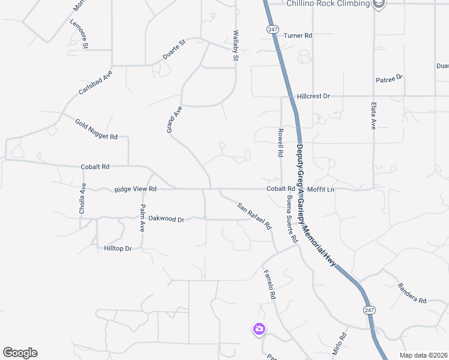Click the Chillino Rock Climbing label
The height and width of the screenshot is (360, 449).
[x=327, y=4]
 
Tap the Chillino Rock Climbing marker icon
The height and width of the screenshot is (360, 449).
[x=379, y=4]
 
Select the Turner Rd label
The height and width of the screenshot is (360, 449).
[x=298, y=36]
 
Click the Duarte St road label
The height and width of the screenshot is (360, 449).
[x=175, y=49]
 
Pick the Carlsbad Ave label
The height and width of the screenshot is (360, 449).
[x=95, y=83]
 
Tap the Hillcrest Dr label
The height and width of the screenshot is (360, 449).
[x=313, y=96]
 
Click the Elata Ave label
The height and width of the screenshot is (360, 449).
[x=373, y=116]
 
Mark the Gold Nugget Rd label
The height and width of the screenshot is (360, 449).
[x=96, y=130]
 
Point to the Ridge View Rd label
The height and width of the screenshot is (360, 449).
[x=135, y=189]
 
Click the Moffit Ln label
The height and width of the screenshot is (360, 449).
[x=321, y=190]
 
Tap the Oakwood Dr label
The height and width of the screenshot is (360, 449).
[x=166, y=219]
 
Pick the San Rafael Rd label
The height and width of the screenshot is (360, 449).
[x=254, y=217]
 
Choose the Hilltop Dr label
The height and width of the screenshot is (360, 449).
[x=118, y=248]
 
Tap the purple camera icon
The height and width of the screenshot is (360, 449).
[x=259, y=329]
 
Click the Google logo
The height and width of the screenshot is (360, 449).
[x=20, y=353]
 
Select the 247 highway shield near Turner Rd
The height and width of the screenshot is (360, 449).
[x=273, y=29]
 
